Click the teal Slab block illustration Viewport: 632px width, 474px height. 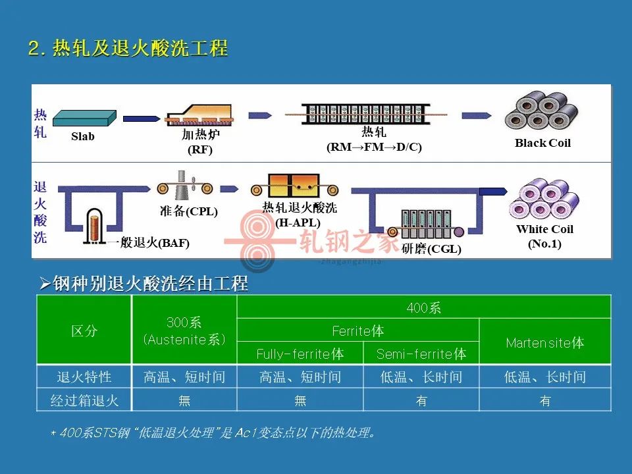click(85, 118)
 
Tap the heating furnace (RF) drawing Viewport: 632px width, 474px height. click(200, 115)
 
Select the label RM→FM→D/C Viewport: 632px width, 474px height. click(374, 147)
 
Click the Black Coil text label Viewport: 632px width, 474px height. click(542, 143)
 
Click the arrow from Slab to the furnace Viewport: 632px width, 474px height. click(142, 118)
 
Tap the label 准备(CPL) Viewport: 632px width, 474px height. click(189, 211)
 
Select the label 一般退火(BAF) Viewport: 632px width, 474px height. click(149, 243)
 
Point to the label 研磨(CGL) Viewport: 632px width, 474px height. click(431, 249)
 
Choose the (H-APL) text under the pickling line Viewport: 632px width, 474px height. click(298, 223)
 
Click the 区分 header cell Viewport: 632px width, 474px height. click(84, 330)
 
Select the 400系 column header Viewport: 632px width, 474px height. click(423, 308)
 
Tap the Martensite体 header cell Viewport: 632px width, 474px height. click(545, 342)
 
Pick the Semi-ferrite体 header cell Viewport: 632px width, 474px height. click(421, 354)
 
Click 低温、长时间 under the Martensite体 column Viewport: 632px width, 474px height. click(545, 377)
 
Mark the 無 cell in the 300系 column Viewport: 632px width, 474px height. click(184, 400)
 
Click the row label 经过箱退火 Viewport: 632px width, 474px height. click(84, 400)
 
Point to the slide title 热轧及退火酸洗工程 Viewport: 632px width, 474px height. click(140, 48)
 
